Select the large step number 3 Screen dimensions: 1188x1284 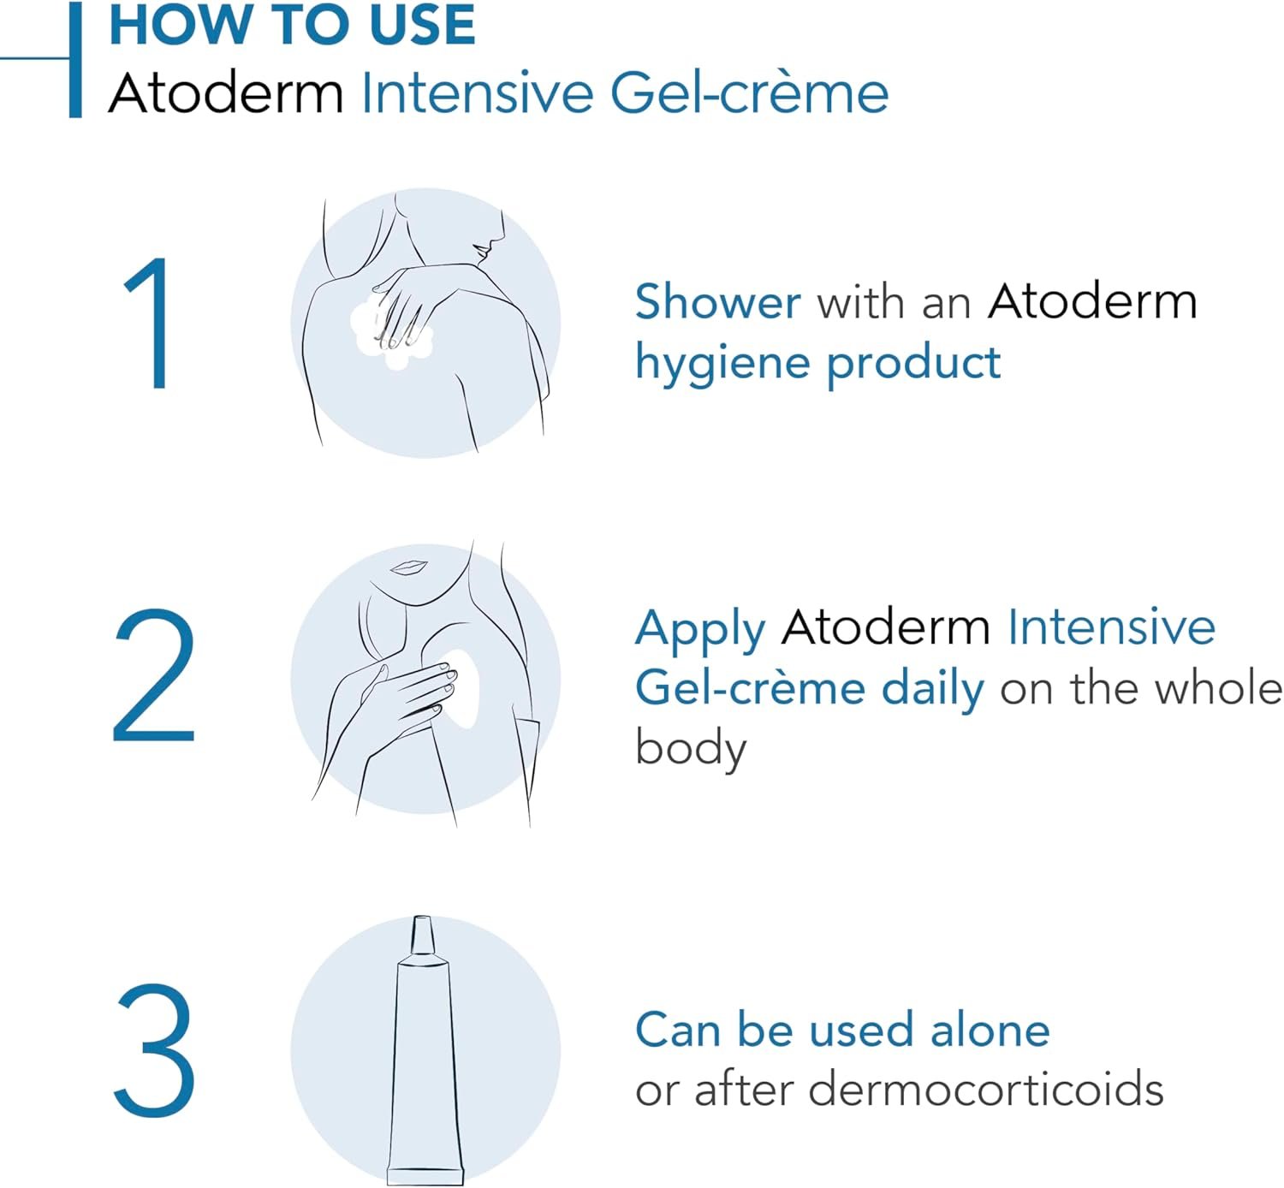click(x=154, y=1050)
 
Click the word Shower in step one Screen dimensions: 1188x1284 click(x=717, y=302)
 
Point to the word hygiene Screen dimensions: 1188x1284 click(x=721, y=364)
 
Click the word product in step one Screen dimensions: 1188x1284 click(x=913, y=364)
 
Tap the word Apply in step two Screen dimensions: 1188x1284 click(x=699, y=629)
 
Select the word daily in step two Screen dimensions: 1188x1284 click(x=933, y=689)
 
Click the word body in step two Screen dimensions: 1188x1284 click(x=691, y=748)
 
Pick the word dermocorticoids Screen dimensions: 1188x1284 click(x=985, y=1090)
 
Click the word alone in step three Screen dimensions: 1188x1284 click(x=990, y=1030)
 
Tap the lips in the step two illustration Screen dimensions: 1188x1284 click(x=409, y=567)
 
